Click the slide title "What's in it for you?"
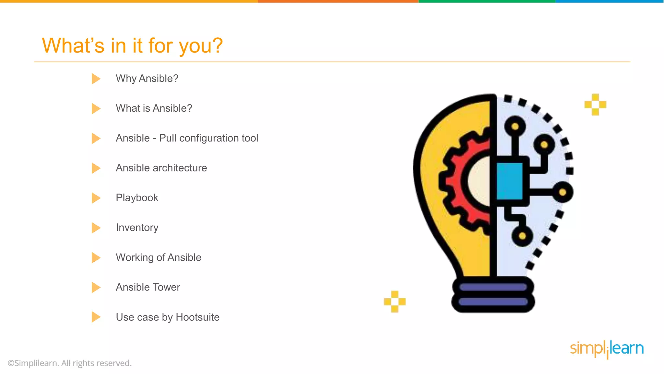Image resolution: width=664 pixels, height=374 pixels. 132,45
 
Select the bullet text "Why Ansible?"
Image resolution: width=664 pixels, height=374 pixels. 147,79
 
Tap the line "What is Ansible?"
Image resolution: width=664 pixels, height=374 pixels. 154,108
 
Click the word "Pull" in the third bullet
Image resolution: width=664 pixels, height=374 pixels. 168,138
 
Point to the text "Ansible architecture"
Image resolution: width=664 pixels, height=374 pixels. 161,168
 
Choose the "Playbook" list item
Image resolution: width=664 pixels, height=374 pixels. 137,198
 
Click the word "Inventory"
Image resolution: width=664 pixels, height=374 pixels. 137,228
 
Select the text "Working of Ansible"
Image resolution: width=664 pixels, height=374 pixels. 158,258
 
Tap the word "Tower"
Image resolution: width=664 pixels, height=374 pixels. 166,287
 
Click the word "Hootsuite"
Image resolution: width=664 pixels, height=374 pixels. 197,317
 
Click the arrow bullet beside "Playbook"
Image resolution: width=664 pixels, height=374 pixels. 96,198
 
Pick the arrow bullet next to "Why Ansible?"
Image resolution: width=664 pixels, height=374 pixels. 96,79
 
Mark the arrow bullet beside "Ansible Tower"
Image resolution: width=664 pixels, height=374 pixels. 96,287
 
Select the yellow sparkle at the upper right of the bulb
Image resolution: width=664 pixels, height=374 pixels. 595,105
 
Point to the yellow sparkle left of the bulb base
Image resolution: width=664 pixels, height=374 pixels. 395,302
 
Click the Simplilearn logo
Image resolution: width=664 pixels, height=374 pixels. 607,349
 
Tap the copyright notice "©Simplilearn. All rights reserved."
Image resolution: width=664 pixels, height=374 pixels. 70,363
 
